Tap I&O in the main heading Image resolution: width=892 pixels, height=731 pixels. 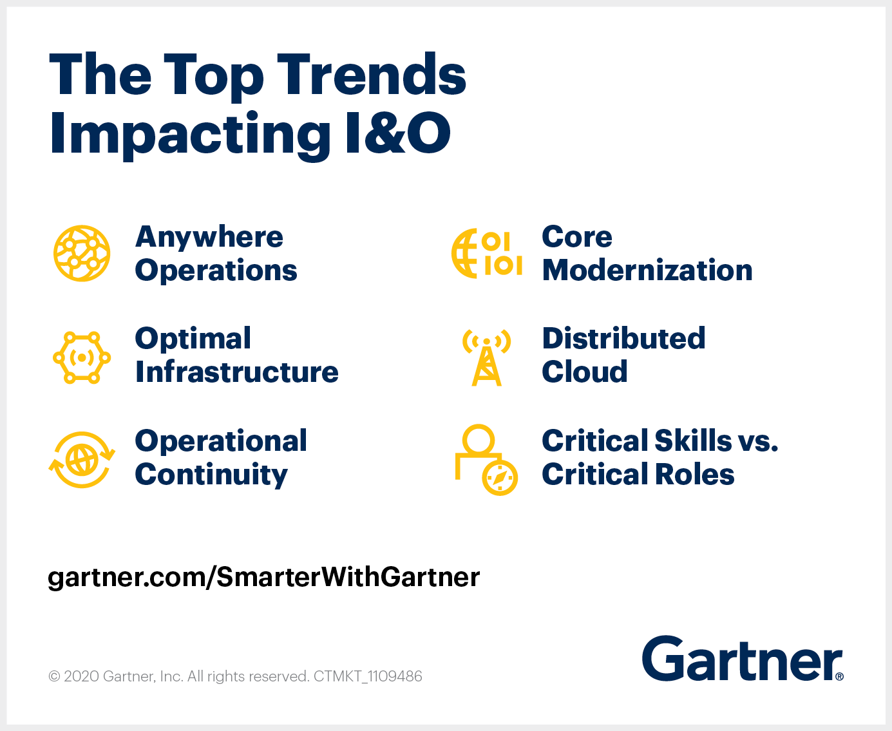coord(397,133)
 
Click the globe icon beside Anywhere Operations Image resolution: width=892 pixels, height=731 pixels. coord(82,253)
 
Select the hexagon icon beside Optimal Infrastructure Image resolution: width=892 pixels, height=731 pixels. coord(82,357)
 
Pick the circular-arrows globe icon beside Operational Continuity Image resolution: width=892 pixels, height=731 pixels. coord(82,460)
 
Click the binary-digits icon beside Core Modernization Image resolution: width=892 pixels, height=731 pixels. coord(487,253)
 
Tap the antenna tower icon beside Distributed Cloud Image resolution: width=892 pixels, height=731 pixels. coord(487,357)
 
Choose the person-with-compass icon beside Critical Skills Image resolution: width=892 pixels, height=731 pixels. coord(486,460)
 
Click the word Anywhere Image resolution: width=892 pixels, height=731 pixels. coord(209,237)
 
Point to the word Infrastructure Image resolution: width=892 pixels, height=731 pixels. coord(237,372)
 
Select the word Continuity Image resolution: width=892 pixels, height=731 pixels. coord(211,475)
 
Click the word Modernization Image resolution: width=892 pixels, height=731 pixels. coord(647,271)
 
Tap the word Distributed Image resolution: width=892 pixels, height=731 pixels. coord(623,339)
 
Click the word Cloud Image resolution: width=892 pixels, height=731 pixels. coord(585,372)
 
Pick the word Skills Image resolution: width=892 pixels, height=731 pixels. coord(693,441)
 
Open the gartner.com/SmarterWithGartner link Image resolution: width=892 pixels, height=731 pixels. coord(264,577)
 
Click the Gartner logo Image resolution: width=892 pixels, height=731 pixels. coord(742,659)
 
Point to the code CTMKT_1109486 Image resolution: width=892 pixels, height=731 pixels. coord(368,676)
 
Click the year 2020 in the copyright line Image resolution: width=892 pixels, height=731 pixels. coord(81,676)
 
